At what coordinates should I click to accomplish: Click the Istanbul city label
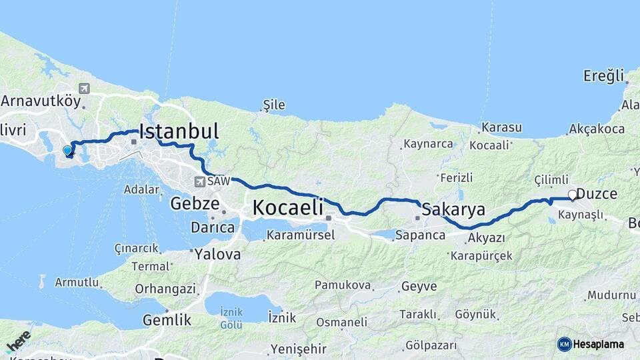179,130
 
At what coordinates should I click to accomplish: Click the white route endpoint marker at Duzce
572,195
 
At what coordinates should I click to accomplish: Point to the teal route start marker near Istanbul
67,151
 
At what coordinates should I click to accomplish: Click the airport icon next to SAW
199,181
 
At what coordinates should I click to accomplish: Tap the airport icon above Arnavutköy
83,88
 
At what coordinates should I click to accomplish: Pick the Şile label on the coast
275,105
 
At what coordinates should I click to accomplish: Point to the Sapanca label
420,235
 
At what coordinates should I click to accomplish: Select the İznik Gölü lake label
231,319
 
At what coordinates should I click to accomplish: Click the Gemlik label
167,320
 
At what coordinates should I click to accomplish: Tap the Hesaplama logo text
598,344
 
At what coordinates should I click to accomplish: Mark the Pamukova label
343,285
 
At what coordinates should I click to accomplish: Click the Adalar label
141,189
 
